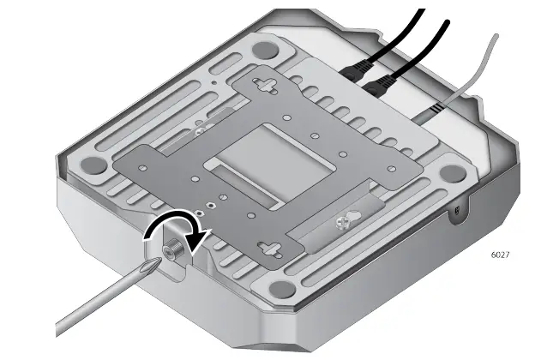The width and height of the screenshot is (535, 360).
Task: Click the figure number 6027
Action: click(x=500, y=255)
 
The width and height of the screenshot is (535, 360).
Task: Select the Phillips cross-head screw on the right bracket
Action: click(x=343, y=222)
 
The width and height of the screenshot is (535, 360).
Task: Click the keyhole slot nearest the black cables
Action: click(x=265, y=86)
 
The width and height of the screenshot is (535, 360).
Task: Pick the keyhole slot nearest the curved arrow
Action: click(x=270, y=250)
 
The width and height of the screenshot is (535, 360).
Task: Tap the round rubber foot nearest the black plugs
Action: click(x=264, y=51)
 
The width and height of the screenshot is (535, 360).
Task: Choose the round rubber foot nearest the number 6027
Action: click(x=453, y=172)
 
